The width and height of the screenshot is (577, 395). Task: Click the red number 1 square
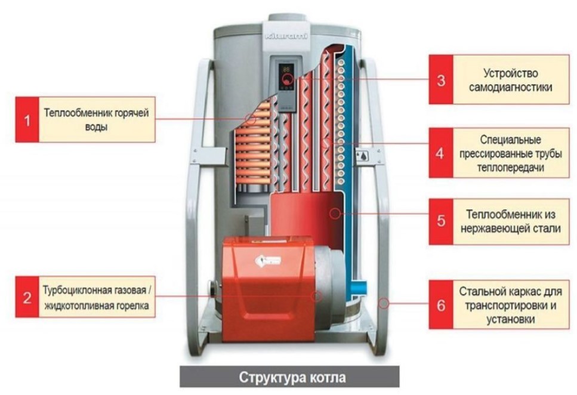point(27,120)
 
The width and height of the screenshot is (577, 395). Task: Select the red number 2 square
point(27,297)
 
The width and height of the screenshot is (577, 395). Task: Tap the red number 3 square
point(441,80)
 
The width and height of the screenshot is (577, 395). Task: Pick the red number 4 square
point(441,153)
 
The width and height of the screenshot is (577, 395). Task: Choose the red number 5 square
point(441,221)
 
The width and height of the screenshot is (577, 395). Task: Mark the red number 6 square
point(441,305)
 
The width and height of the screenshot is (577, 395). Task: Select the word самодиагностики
point(510,88)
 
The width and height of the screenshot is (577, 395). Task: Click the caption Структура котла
point(292,377)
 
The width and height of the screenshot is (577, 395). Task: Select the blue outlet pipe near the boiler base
point(359,288)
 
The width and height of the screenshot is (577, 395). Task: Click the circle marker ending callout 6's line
point(384,303)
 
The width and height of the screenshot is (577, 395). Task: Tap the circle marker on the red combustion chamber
point(335,213)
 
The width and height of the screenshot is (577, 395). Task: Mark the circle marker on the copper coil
point(251,119)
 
